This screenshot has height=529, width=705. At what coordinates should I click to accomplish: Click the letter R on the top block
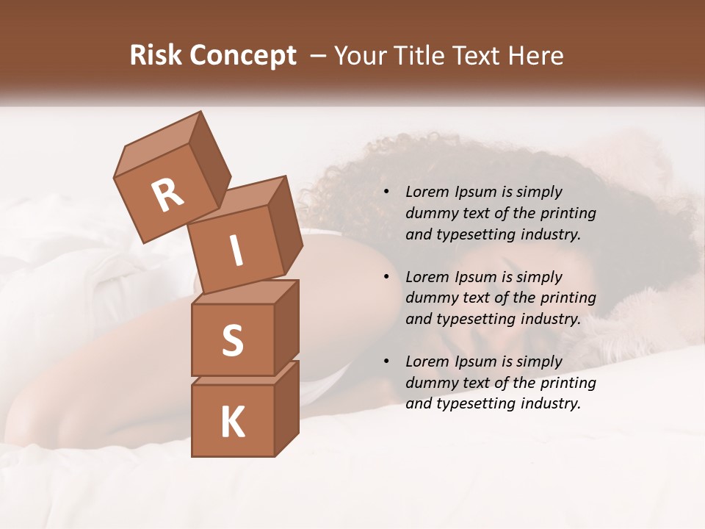click(x=167, y=195)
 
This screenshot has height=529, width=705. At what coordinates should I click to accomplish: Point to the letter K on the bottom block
click(x=232, y=422)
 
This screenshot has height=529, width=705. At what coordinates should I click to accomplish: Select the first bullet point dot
click(x=386, y=192)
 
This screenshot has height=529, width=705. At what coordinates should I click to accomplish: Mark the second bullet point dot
click(x=386, y=278)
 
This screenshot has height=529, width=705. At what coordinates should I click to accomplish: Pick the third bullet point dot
click(x=386, y=362)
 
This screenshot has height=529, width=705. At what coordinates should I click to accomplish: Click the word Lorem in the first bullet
click(x=427, y=192)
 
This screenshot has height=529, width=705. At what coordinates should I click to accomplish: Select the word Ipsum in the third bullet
click(x=474, y=362)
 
